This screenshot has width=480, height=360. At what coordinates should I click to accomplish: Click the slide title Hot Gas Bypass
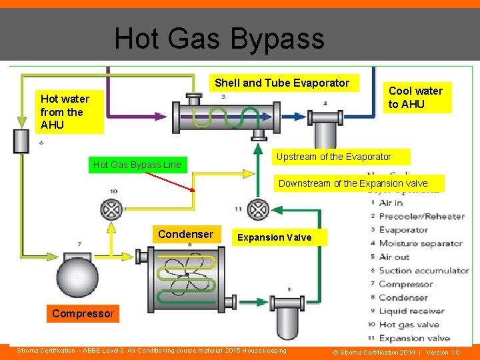pos(219,39)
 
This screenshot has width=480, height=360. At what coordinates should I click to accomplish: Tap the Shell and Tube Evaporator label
pos(281,83)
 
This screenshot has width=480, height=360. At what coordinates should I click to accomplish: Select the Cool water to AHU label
pos(415,97)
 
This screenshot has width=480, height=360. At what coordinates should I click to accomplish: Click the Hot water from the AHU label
pos(65,112)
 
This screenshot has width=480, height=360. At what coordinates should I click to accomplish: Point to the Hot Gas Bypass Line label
pos(137,165)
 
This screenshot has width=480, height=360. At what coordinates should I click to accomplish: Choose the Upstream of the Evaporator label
pos(343,157)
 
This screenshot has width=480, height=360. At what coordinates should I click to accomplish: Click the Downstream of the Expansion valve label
pos(353,183)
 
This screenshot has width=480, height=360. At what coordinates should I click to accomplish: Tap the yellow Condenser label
pos(185,234)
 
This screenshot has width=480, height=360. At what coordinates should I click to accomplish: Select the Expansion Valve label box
pos(274,237)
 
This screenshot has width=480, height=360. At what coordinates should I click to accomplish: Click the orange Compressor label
pos(83,313)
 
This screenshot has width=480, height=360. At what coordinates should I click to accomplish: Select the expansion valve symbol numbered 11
pos(257,211)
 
